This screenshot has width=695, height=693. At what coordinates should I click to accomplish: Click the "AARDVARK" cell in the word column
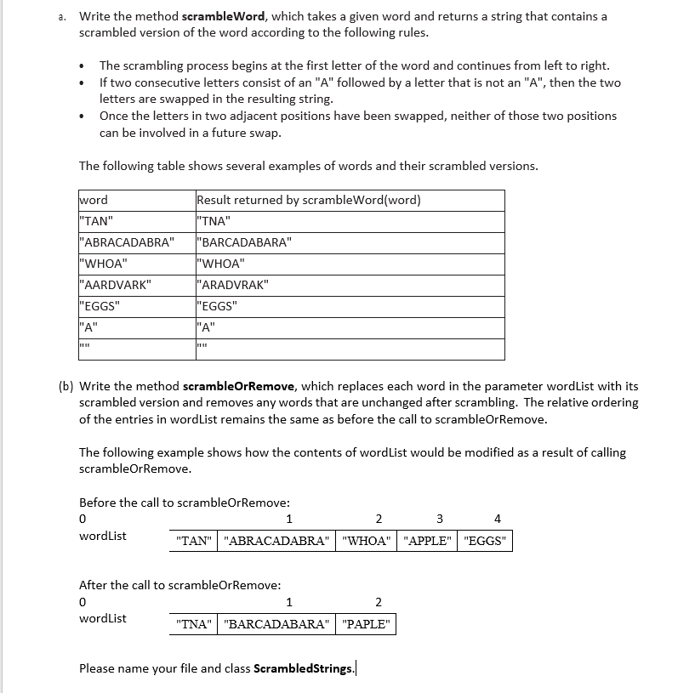[115, 285]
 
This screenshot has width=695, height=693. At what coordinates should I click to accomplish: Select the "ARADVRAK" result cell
[232, 285]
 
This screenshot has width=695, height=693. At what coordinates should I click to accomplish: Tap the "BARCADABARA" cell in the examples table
[244, 242]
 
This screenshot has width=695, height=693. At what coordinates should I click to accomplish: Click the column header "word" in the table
[94, 200]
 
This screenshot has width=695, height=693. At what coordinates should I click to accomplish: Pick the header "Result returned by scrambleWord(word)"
[309, 200]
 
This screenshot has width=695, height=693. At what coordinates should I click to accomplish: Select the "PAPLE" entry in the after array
[366, 624]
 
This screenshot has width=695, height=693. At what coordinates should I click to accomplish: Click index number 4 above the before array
[498, 519]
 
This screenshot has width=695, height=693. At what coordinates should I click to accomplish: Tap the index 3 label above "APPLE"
[440, 519]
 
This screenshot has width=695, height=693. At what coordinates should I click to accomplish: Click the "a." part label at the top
[63, 16]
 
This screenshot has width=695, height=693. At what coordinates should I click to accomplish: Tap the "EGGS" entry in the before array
[485, 541]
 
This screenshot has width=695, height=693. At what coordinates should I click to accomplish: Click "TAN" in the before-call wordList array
[193, 541]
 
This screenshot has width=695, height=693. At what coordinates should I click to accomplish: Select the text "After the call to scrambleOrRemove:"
[179, 585]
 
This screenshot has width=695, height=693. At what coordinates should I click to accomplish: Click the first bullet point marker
[81, 65]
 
